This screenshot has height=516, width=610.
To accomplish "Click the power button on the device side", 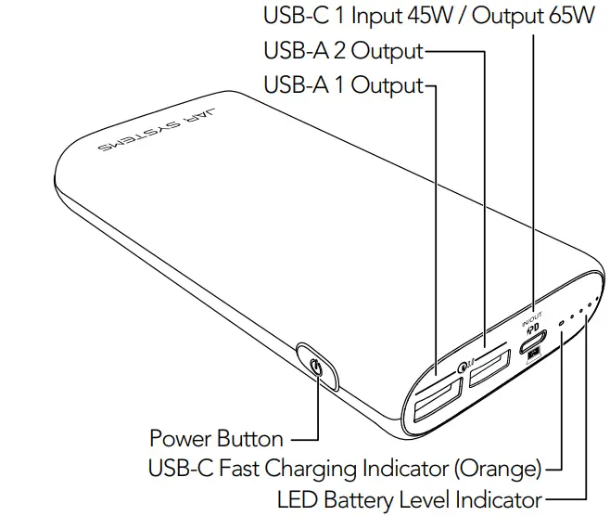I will tap(317, 368).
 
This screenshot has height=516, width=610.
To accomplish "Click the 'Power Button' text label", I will tap(216, 438).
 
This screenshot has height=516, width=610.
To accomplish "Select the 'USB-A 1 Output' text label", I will tap(343, 85).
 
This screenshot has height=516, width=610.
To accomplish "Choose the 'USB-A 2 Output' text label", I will tap(343, 51).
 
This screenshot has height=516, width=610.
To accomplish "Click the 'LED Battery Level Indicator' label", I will tap(409, 498).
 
